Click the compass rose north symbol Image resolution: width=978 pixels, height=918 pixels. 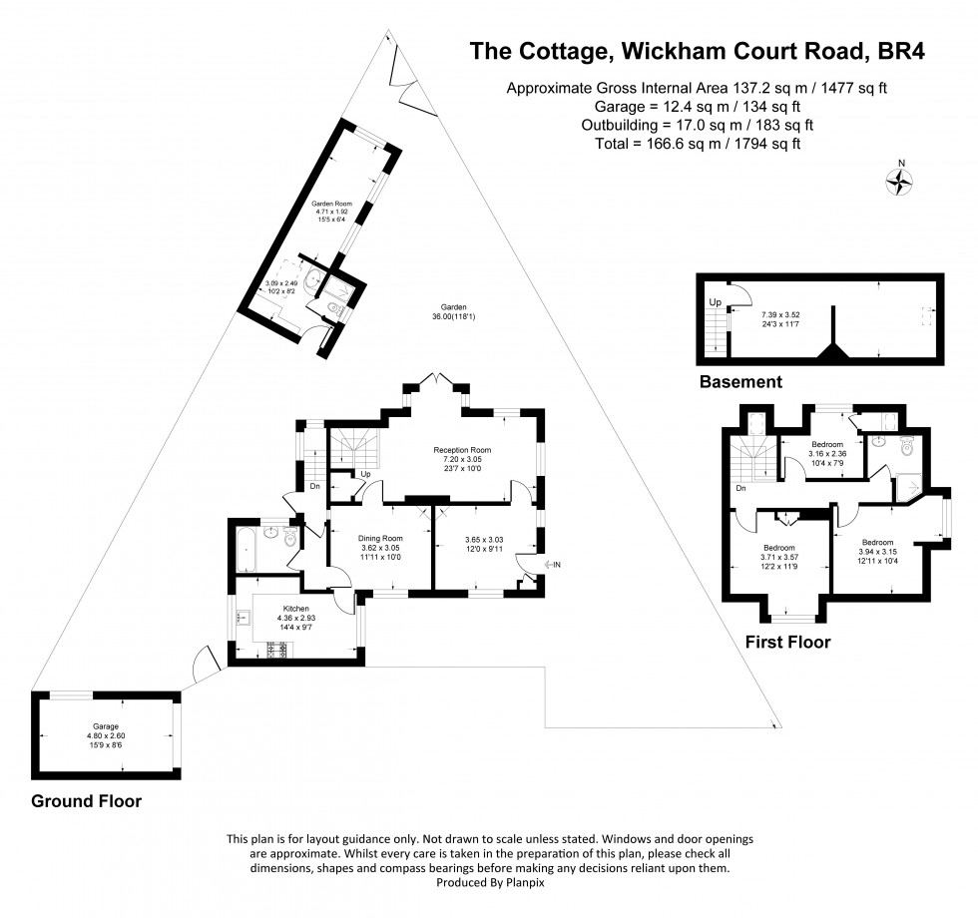(x=901, y=180)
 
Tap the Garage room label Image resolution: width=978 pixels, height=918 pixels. (x=106, y=726)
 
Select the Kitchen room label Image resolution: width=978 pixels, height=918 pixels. (x=296, y=608)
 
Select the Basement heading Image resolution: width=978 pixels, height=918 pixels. (x=740, y=382)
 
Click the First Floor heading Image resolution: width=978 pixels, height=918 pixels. (x=787, y=643)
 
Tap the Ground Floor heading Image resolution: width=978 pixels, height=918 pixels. (x=86, y=801)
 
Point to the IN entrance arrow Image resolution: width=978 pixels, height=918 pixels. (x=551, y=566)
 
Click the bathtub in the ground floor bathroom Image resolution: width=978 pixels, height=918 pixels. (x=244, y=549)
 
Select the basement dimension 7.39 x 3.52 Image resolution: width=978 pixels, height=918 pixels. (x=781, y=313)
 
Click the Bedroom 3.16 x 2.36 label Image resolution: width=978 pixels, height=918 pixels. (x=827, y=443)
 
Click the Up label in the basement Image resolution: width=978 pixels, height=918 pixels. (x=714, y=301)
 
